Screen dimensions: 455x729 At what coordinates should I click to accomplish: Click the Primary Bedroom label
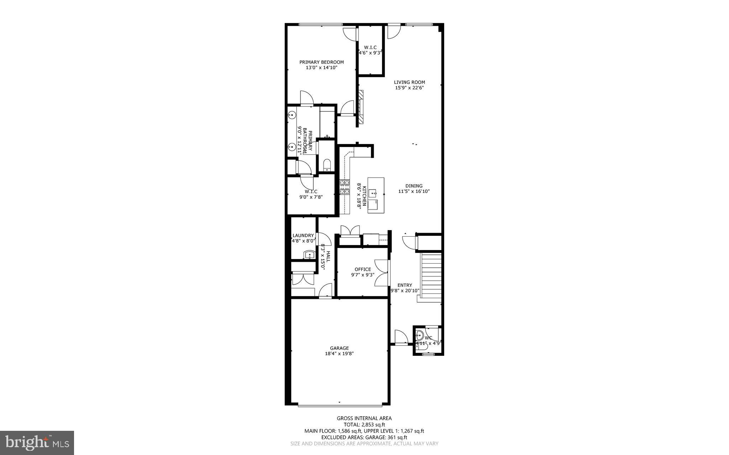[321, 62]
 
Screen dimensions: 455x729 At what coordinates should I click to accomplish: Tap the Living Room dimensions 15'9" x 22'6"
[409, 88]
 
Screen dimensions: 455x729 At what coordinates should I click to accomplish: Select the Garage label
[339, 348]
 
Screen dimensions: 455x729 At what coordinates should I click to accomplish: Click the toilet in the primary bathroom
[327, 165]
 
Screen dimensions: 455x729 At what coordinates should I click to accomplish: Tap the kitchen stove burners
[344, 187]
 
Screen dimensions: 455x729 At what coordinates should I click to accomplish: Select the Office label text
[363, 269]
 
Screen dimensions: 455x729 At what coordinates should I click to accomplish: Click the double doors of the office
[381, 273]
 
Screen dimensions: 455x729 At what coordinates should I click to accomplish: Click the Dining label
[414, 186]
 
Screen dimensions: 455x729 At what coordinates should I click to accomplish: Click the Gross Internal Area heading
[364, 418]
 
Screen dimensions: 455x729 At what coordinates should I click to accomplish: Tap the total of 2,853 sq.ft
[364, 424]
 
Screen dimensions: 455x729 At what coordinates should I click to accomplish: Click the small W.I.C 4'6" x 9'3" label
[370, 50]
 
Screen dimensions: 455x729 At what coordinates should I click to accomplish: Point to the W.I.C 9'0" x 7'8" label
[311, 194]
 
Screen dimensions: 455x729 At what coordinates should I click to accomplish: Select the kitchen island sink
[373, 194]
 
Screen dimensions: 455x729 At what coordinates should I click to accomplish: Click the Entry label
[405, 285]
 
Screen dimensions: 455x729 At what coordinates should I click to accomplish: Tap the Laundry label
[303, 235]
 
